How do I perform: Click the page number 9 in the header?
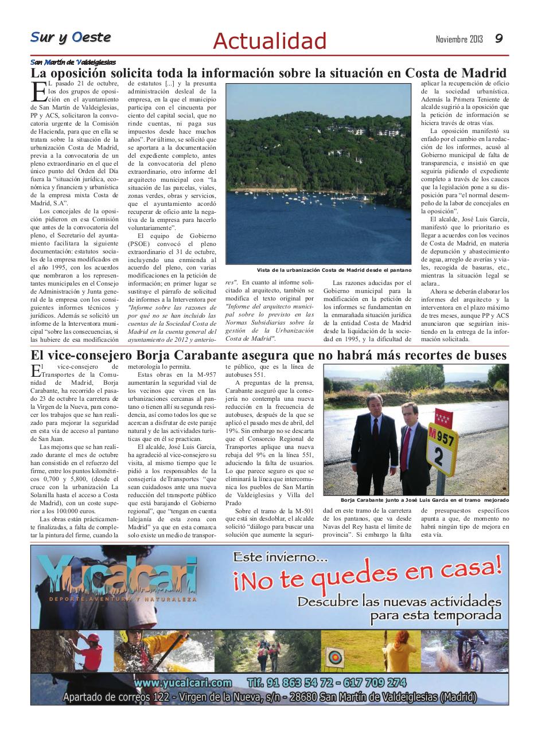[x=499, y=38]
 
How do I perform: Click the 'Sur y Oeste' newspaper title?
[x=71, y=37]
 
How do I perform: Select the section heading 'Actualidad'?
[x=269, y=41]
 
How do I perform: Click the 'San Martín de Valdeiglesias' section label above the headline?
[x=73, y=62]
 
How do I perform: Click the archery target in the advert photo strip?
[x=334, y=654]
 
